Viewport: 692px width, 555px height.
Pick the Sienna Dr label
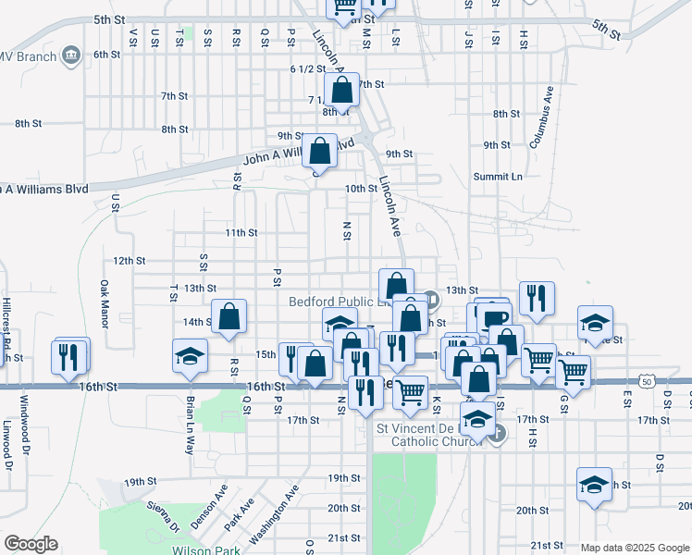tap(162, 516)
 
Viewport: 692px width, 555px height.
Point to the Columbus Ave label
tap(541, 117)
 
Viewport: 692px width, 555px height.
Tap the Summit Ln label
tap(498, 177)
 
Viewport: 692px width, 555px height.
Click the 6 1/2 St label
tap(308, 68)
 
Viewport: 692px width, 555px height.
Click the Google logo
tap(31, 544)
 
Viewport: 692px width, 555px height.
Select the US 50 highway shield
tap(645, 380)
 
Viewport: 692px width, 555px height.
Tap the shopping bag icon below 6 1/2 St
tap(342, 92)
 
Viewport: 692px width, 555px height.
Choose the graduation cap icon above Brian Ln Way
tap(190, 355)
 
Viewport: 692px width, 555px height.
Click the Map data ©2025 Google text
tap(635, 548)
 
